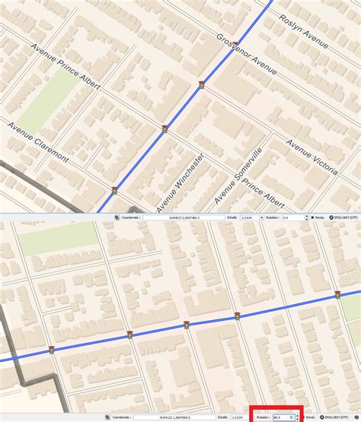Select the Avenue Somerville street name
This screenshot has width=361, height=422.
[x=238, y=175]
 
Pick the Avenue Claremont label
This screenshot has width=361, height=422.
[x=38, y=141]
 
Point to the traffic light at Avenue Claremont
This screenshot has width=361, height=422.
[x=114, y=191]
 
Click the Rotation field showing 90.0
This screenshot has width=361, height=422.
[x=283, y=417]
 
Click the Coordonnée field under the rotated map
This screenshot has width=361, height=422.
[x=175, y=417]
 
